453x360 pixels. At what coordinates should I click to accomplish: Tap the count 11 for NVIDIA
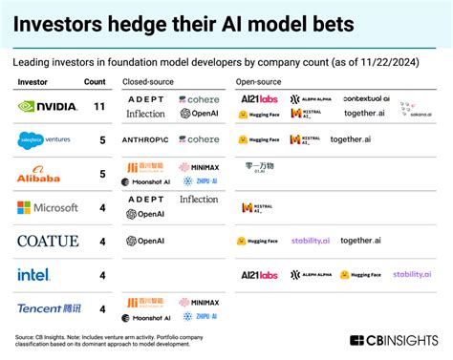click(x=98, y=107)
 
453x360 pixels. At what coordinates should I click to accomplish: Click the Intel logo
click(x=34, y=275)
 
